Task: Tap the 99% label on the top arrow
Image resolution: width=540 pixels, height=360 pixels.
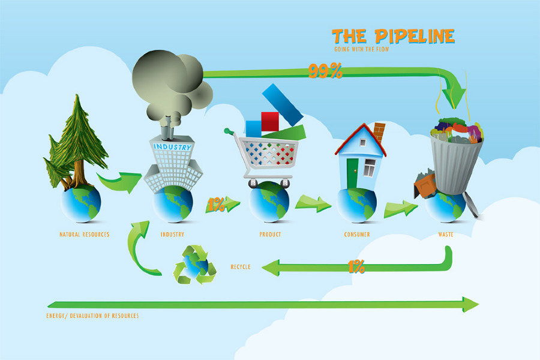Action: click(x=325, y=71)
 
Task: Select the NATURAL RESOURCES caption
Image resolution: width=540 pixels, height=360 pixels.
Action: click(x=85, y=234)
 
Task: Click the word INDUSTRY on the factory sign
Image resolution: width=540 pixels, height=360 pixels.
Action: click(x=173, y=146)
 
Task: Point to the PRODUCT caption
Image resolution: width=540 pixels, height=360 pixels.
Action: click(x=270, y=234)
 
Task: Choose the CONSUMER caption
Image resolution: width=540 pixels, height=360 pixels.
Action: click(x=357, y=234)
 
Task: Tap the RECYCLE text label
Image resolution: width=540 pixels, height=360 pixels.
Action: click(x=240, y=266)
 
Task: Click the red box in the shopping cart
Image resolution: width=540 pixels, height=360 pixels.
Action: click(x=270, y=121)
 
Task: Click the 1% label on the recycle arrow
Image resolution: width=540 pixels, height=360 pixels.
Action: click(x=356, y=266)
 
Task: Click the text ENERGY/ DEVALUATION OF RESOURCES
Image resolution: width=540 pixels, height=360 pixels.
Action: click(x=92, y=316)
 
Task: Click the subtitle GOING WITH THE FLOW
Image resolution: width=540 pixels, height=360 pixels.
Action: click(x=361, y=49)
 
